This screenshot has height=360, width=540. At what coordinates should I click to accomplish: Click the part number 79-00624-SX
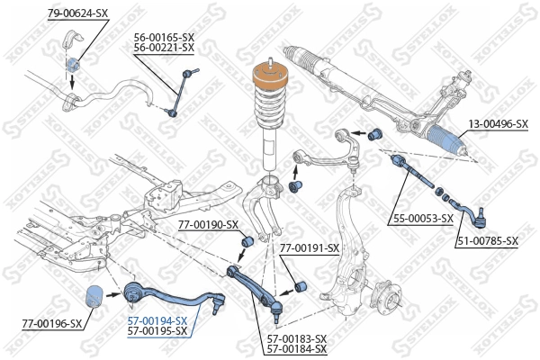77,12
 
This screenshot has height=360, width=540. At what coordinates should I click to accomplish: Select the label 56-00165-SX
164,37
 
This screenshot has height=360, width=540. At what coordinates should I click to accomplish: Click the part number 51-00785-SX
487,240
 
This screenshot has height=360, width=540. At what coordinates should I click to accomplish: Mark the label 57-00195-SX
157,331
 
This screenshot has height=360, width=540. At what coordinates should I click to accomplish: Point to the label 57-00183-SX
296,338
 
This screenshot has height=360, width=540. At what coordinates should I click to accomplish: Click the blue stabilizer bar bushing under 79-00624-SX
73,64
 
